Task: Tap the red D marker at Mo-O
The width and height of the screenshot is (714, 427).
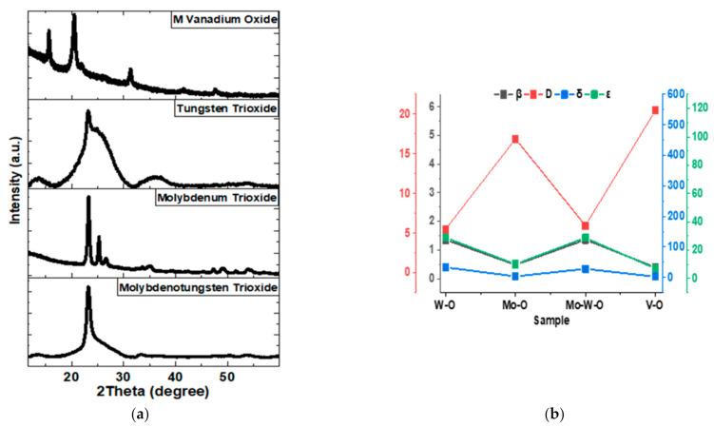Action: pos(515,139)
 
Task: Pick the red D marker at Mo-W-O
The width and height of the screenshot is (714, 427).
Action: pos(585,226)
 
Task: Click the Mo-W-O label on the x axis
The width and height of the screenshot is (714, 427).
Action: pos(585,306)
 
